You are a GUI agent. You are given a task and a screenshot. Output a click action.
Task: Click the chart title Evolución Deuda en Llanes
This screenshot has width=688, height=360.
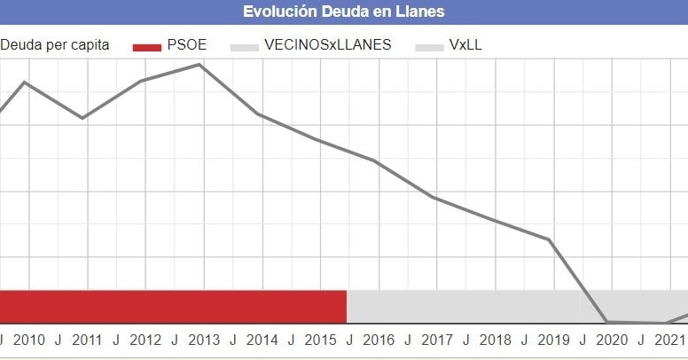pos(344,12)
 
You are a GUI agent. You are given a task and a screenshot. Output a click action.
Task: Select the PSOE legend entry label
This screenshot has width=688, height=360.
pos(186,44)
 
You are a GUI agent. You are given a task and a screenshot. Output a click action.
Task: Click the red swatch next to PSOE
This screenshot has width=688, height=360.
pos(147,45)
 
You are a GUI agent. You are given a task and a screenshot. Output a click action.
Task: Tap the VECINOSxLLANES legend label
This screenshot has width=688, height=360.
pos(328,44)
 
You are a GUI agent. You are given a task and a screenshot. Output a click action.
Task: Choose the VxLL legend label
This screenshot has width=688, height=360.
pos(465,44)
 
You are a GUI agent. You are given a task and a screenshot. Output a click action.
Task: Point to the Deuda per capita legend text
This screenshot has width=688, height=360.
pos(55,44)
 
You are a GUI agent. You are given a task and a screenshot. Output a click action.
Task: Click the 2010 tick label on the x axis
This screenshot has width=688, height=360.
pos(29,340)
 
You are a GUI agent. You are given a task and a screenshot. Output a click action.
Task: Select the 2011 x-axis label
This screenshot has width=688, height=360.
pos(87,340)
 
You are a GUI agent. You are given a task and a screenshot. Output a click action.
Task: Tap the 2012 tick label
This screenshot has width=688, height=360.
pos(145,340)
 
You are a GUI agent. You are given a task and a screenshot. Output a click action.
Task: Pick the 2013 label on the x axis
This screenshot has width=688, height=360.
pos(204,340)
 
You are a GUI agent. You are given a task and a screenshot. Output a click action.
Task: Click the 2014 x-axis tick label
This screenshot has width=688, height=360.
pos(262,340)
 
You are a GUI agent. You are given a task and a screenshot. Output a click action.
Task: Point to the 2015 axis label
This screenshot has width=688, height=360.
pos(320,340)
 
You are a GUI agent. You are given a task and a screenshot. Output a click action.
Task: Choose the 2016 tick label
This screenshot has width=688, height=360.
pos(379,340)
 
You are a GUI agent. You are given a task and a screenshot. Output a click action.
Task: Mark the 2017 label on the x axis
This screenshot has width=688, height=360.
pos(436,340)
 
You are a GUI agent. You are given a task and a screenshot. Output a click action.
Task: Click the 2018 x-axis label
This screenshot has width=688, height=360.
pos(495,340)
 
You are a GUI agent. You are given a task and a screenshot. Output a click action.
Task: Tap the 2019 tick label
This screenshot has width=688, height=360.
pos(553,340)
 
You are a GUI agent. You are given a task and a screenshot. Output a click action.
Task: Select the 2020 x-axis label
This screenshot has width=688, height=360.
pos(611,340)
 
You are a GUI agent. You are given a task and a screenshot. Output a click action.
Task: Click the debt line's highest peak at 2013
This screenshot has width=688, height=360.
pos(200,64)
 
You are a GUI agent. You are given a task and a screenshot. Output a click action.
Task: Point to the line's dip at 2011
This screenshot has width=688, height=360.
pos(83,118)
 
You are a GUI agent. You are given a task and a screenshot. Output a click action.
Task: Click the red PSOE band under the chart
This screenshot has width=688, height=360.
pos(173,306)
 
